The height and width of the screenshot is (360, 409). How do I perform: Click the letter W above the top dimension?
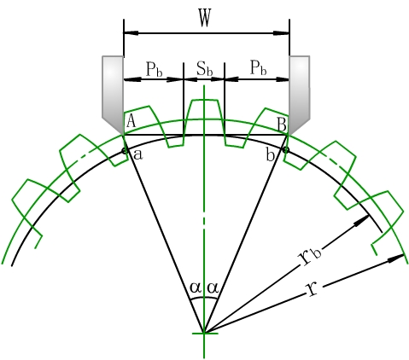[x=205, y=18]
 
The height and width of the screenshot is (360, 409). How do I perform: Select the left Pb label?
[x=154, y=69]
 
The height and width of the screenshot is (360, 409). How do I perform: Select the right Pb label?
[x=259, y=68]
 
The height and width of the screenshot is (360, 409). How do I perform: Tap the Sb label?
[x=205, y=69]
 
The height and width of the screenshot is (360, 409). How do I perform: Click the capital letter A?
[x=131, y=120]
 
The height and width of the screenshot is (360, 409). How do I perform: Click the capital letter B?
[x=282, y=125]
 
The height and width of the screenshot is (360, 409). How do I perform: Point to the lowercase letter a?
[x=138, y=154]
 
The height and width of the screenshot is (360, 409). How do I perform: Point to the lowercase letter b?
[x=270, y=154]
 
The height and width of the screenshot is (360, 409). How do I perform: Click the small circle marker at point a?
[x=125, y=151]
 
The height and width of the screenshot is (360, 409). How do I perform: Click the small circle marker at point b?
[x=286, y=150]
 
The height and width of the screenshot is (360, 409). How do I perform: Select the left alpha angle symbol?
[x=195, y=287]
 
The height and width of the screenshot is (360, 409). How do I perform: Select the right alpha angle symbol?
[x=213, y=287]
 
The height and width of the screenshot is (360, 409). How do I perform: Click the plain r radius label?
[x=313, y=289]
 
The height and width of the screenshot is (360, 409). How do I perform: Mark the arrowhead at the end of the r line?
[x=396, y=258]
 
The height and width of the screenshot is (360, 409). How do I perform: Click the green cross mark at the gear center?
[x=204, y=333]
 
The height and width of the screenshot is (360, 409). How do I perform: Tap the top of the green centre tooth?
[x=204, y=100]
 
